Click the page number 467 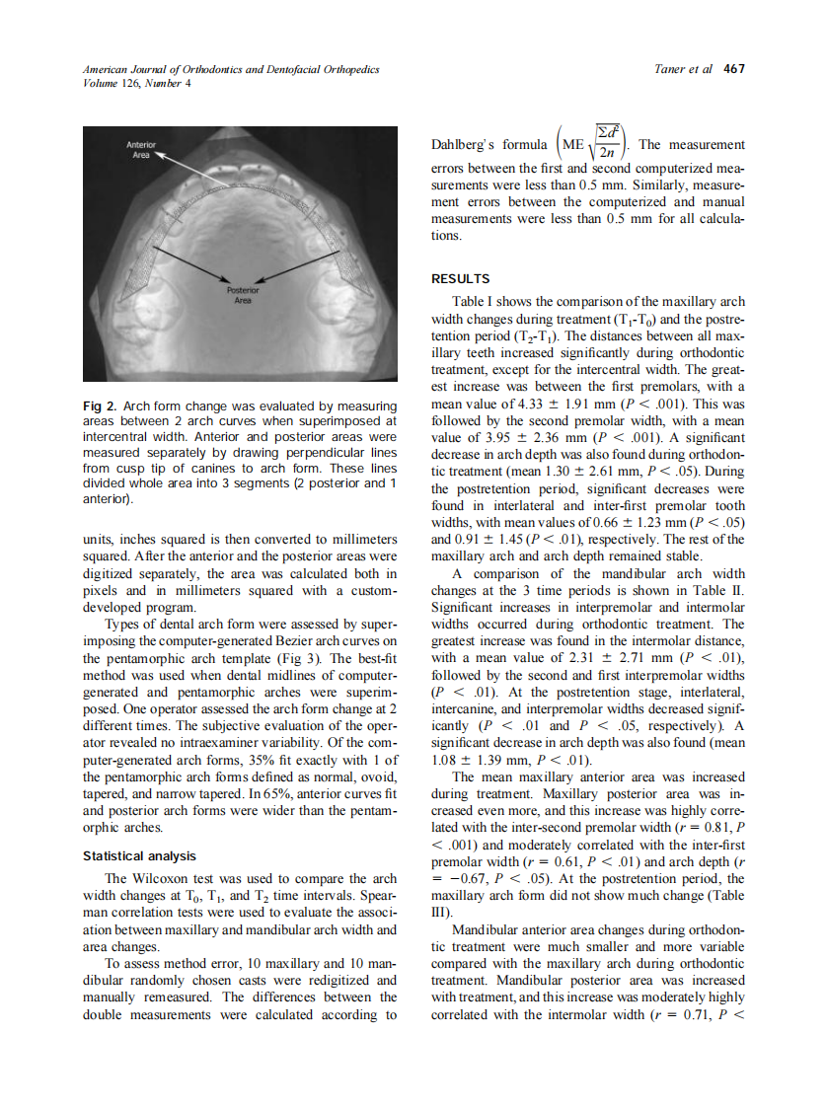click(x=733, y=69)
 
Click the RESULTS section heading click(x=460, y=279)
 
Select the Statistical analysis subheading click(x=139, y=855)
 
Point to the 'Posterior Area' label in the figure click(x=242, y=295)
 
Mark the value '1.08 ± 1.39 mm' click(x=481, y=762)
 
